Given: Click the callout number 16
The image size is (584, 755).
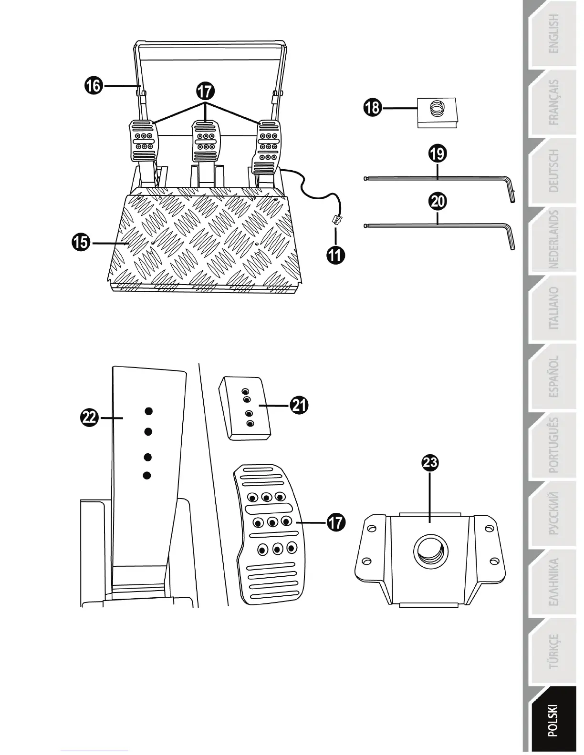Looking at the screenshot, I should point(94,86).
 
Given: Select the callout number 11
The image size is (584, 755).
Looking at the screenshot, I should point(335,255).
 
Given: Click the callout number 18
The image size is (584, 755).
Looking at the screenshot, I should point(372,107).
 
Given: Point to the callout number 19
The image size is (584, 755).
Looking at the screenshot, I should point(438,153).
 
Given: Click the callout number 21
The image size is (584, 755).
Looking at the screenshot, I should point(299,406).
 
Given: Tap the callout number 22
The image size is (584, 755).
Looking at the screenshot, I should point(90,418).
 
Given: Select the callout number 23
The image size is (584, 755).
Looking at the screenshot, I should point(430,462).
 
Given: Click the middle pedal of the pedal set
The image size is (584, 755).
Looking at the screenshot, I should point(206,141).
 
